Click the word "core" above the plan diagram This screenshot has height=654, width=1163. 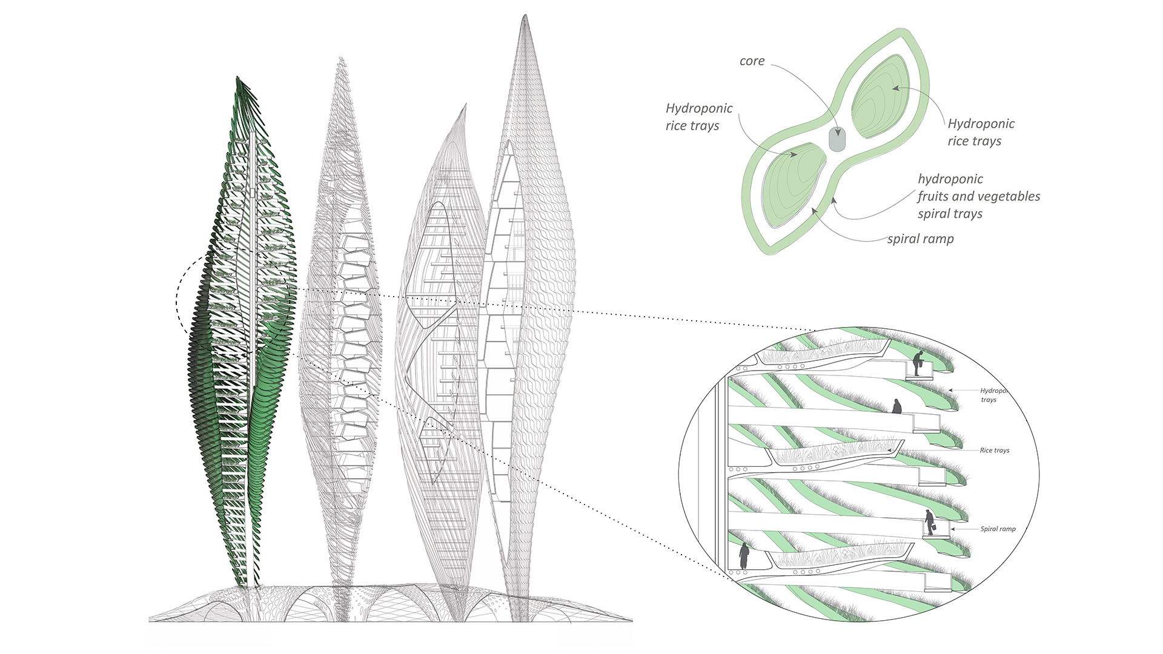[x=752, y=61]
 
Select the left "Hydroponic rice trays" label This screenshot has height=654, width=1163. [x=698, y=117]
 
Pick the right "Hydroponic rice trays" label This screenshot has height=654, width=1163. [x=981, y=132]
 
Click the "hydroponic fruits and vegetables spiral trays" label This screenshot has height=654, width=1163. [x=978, y=196]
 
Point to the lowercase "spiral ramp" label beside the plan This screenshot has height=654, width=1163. [x=920, y=239]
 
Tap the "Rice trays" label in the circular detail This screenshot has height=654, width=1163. [x=994, y=451]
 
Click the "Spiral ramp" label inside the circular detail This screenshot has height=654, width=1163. [x=998, y=529]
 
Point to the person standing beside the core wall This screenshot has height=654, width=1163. [x=744, y=555]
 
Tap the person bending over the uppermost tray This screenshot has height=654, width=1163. [x=918, y=363]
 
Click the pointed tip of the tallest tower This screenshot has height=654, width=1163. [x=525, y=16]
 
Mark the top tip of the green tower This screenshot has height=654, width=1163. [x=237, y=78]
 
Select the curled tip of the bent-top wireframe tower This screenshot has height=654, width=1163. [x=465, y=106]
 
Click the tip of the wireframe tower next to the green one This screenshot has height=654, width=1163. [x=342, y=59]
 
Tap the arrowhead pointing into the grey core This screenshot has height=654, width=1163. [x=838, y=133]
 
